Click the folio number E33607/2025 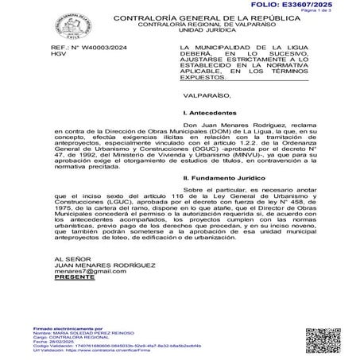pos(323,5)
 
